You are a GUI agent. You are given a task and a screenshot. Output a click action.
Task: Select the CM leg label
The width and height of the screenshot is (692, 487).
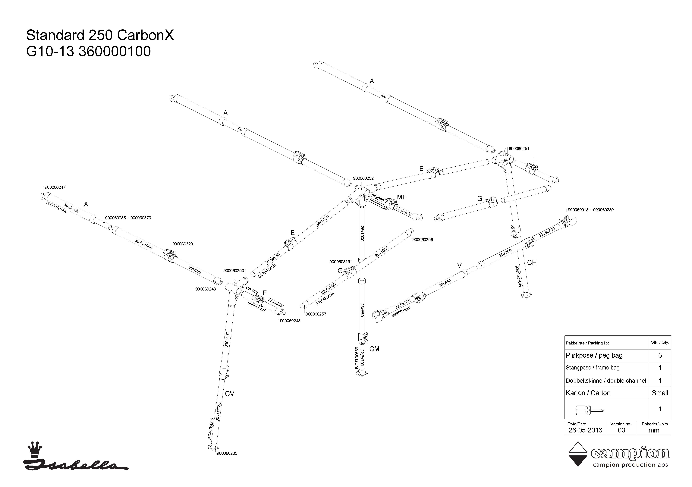(374, 349)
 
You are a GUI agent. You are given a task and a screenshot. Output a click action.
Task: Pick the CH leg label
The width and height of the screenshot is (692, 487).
(532, 262)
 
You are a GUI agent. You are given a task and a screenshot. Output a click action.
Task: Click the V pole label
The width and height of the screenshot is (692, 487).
(459, 265)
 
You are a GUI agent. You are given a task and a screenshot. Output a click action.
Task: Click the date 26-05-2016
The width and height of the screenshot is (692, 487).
(585, 430)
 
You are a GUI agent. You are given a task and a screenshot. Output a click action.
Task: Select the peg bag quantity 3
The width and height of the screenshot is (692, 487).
(660, 355)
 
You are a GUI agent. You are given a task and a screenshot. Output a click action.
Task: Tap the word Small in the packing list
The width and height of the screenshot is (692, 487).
(660, 393)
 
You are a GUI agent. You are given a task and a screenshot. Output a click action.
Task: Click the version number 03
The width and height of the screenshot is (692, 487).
(621, 430)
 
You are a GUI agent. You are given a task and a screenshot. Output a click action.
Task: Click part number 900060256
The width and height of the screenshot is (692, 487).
(423, 240)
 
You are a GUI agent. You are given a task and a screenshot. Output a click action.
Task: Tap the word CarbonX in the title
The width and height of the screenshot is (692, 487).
(145, 35)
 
